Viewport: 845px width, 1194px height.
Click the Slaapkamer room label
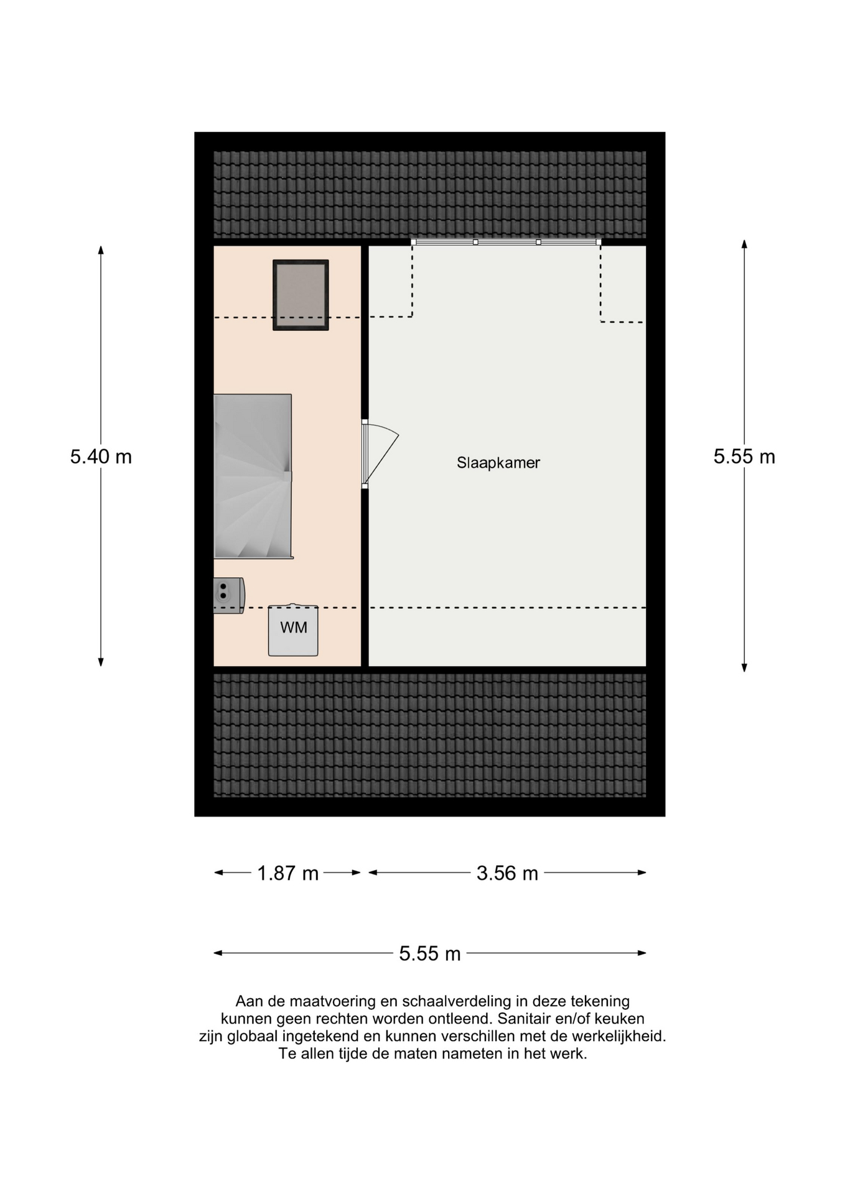point(498,463)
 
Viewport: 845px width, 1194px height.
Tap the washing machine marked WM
point(293,630)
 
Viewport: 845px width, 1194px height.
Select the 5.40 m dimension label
point(101,457)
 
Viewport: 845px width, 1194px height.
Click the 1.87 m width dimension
point(287,873)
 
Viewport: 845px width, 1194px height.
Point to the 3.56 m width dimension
point(507,873)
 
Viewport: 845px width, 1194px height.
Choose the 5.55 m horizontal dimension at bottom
point(430,953)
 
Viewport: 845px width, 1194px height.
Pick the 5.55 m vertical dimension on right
point(744,457)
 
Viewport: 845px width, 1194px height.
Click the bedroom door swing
point(380,453)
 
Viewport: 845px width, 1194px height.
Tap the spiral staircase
point(253,476)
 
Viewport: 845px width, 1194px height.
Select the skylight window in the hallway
point(301,295)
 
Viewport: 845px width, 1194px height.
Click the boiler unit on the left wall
point(228,596)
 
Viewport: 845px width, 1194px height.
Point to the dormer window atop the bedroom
point(507,242)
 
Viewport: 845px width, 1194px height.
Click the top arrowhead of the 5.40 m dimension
point(101,249)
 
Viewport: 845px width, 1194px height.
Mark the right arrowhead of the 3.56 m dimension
point(642,872)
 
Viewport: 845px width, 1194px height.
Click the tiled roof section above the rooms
point(430,195)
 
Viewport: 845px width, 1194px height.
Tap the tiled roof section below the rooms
point(430,735)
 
